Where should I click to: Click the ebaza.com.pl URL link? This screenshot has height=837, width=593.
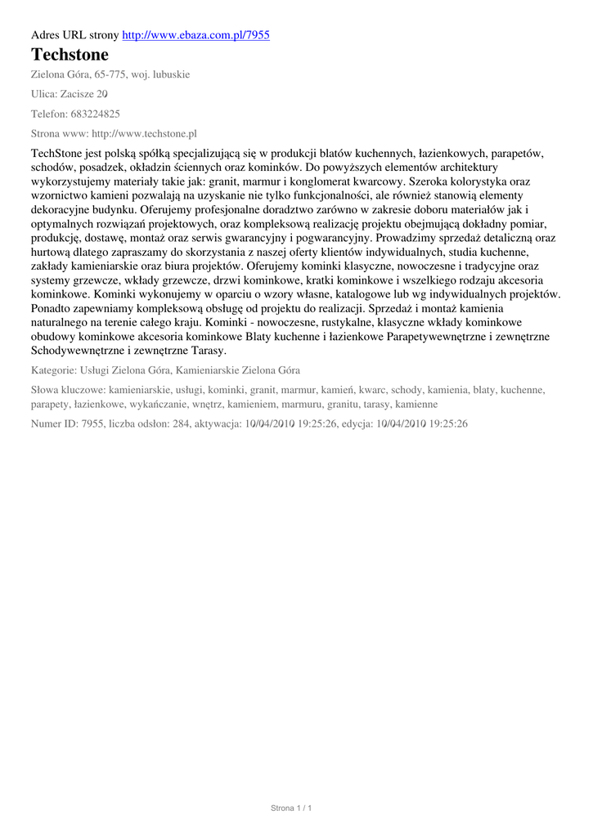coord(195,35)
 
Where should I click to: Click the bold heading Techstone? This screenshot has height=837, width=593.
coord(70,55)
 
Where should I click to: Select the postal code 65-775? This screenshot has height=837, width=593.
coord(108,74)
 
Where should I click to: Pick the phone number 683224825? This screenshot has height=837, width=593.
coord(93,114)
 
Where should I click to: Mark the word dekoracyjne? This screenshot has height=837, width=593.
coord(61,208)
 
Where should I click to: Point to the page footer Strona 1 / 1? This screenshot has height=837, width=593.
coord(292,808)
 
